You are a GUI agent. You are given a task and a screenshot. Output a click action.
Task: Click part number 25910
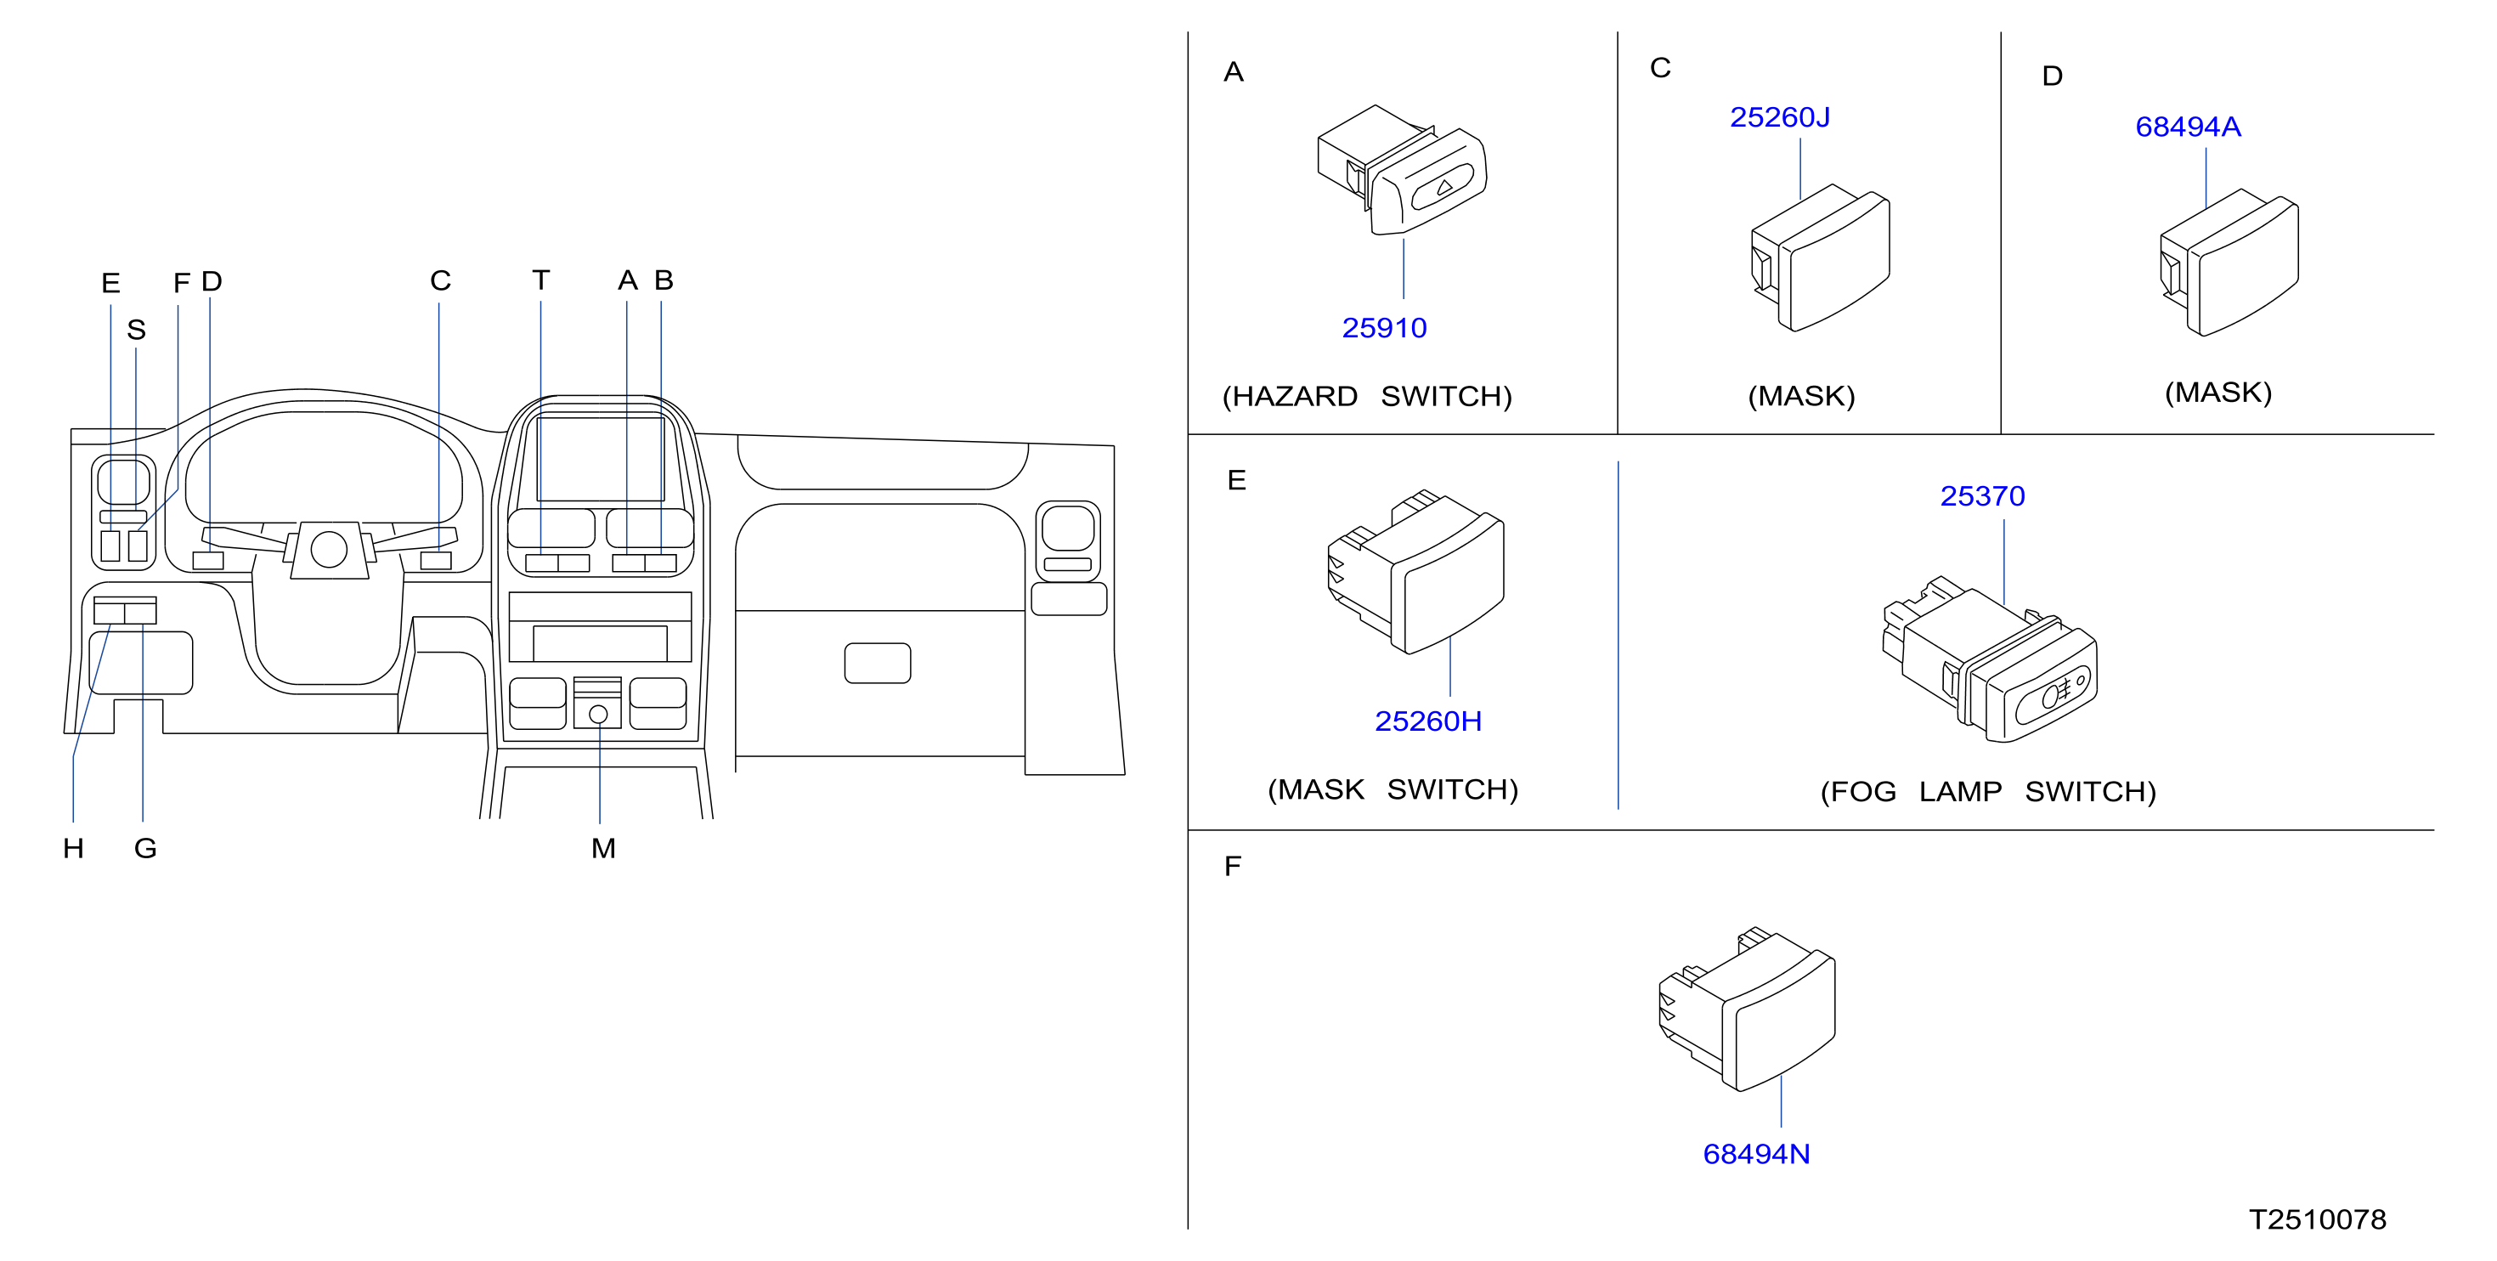point(1383,328)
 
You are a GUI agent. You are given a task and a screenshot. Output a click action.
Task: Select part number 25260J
point(1780,117)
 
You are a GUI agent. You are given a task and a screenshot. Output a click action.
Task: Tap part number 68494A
point(2188,127)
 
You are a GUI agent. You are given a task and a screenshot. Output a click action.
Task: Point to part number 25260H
point(1428,721)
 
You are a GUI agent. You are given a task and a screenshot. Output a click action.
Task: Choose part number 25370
point(1982,496)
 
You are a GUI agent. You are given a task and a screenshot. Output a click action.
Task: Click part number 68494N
point(1756,1155)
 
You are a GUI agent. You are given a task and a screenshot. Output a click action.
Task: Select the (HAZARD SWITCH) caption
point(1367,397)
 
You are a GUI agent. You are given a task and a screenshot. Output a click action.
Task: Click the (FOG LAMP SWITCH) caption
point(1988,792)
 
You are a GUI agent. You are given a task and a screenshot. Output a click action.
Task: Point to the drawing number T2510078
point(2318,1219)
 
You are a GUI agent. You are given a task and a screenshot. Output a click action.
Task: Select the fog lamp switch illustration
point(1990,659)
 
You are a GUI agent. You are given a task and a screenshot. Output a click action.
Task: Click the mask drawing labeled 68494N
point(1747,1009)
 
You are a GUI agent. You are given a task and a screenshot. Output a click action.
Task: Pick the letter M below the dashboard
point(603,849)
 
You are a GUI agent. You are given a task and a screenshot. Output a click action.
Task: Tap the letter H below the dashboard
point(74,849)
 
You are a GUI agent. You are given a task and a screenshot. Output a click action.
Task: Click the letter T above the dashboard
point(541,280)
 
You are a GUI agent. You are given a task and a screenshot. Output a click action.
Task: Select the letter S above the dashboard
point(137,331)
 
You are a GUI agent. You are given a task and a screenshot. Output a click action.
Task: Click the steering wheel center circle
point(329,550)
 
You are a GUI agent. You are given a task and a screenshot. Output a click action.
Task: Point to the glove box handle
point(878,663)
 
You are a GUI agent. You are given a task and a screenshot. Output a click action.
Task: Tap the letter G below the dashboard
point(145,849)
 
